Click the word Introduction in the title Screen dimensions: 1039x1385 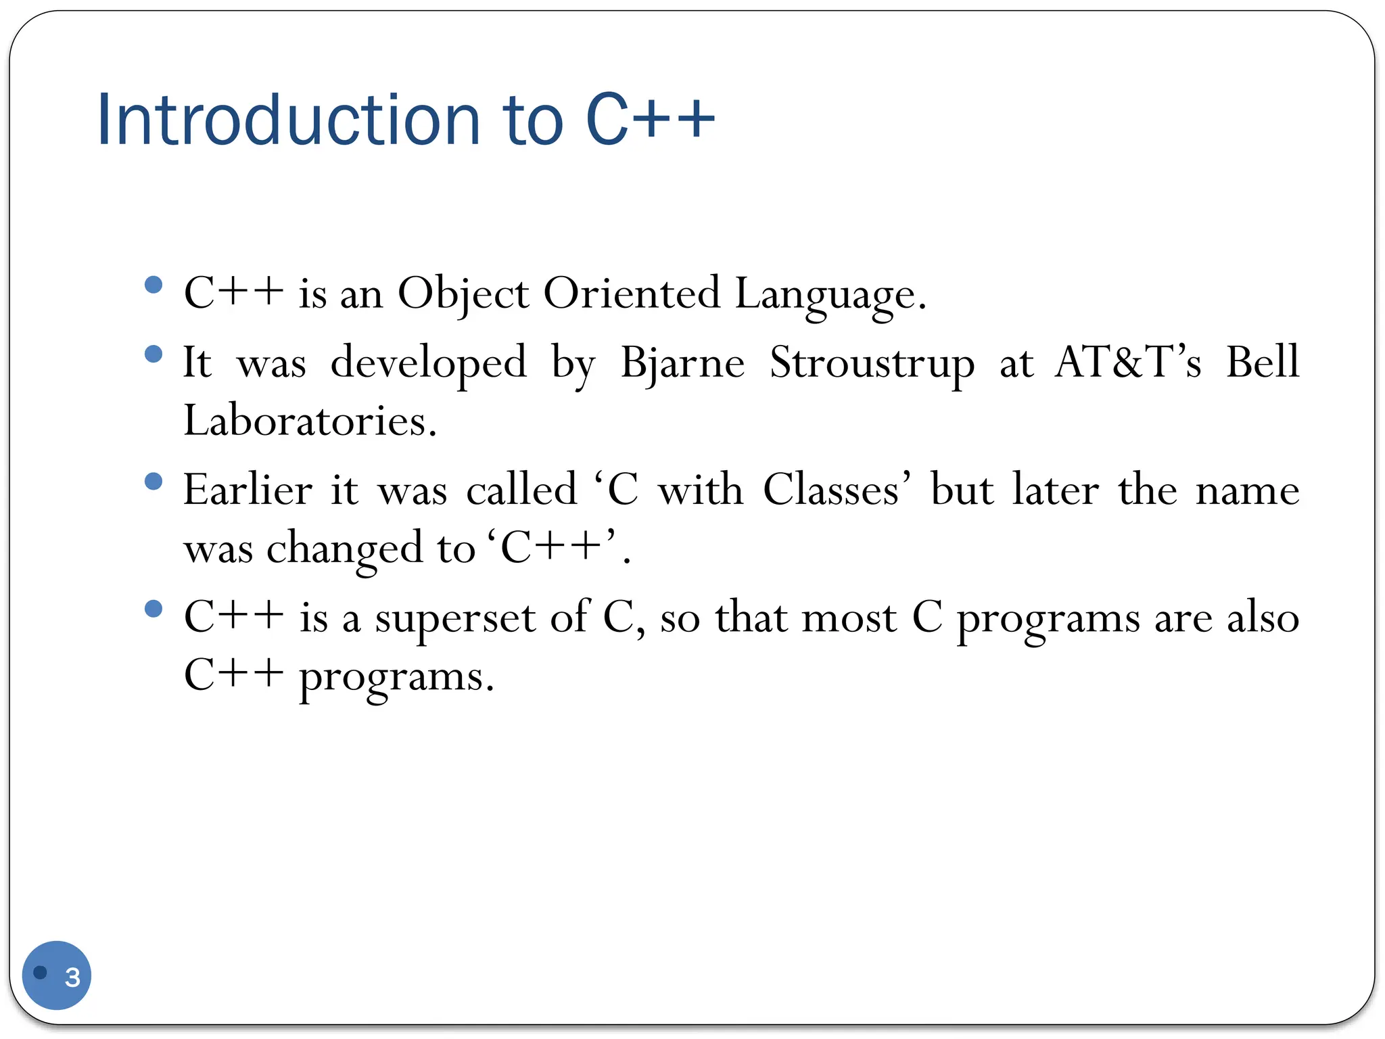(288, 120)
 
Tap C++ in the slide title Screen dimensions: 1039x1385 (649, 120)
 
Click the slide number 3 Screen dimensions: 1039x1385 (72, 977)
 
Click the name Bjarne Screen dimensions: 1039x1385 (682, 363)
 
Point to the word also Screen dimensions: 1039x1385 (1263, 618)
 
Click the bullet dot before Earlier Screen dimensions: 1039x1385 (154, 481)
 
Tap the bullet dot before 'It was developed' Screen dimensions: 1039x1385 (154, 353)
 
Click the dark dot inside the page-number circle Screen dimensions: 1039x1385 (41, 972)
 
